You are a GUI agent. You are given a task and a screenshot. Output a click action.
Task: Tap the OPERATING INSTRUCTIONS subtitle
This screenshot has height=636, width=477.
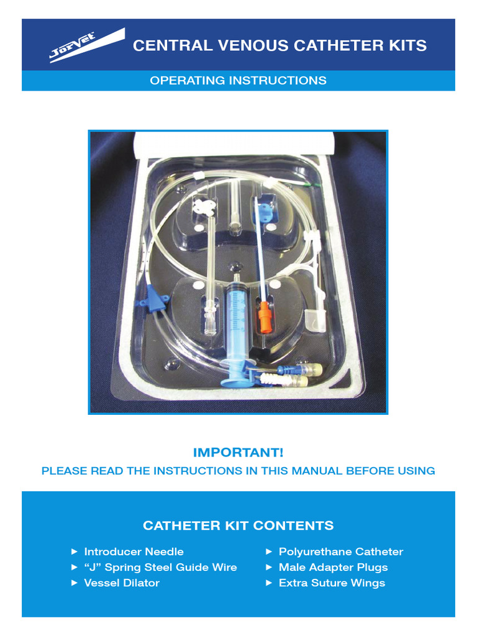238,81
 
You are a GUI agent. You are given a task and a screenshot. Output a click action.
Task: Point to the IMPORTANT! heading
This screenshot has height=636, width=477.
238,453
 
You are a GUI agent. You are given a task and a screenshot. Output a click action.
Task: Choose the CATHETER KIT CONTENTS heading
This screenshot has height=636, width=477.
238,526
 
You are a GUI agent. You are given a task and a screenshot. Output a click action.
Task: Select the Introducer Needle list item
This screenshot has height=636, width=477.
134,552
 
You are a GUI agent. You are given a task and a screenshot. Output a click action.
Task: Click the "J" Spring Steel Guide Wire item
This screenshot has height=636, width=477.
160,567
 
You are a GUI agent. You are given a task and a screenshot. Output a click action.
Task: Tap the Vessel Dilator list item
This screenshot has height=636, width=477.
122,583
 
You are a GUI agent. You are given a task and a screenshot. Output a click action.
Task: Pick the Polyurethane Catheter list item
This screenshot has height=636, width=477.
340,552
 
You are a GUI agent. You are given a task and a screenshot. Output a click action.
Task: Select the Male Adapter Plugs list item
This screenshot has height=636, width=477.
333,567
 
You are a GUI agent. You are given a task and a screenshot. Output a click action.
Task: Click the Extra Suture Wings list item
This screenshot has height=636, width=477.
332,583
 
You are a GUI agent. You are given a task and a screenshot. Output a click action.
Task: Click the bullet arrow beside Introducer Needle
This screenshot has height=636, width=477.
75,552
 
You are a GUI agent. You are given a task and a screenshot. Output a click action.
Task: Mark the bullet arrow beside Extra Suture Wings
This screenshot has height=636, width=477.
269,583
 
